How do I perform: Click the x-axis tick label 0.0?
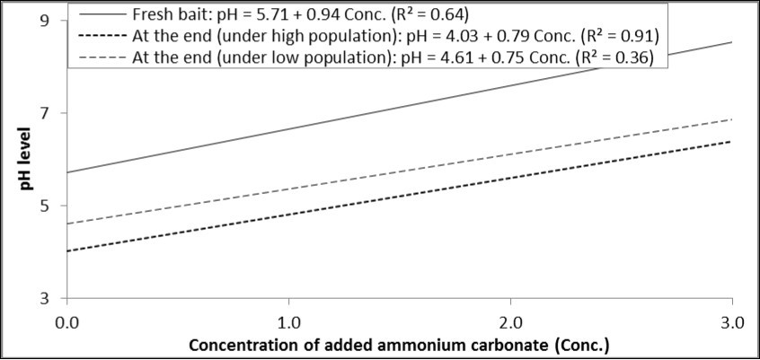point(67,320)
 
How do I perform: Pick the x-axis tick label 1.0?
point(289,320)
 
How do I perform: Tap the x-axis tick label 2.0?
point(510,320)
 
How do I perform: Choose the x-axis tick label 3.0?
point(731,320)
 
